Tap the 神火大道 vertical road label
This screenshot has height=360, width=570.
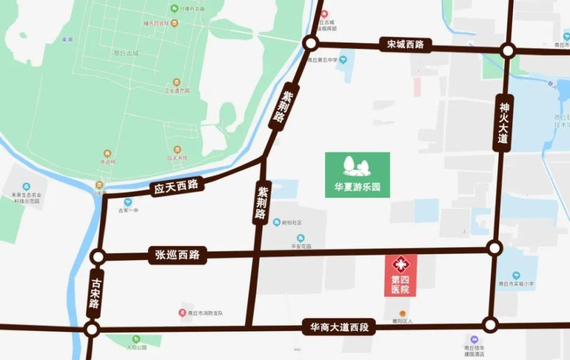(503, 122)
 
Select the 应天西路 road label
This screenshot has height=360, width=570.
(176, 187)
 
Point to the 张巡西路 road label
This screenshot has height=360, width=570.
(177, 255)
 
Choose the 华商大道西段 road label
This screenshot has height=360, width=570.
(339, 327)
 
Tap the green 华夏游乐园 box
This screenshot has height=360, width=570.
(357, 175)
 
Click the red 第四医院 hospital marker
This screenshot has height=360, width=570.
(400, 275)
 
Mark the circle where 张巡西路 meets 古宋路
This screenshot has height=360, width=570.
(99, 257)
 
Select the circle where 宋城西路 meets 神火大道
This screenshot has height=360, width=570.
(508, 51)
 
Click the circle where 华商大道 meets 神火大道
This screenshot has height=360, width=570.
(490, 325)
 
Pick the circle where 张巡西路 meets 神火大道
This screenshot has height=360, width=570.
(495, 248)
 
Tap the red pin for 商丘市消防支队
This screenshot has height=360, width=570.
(182, 313)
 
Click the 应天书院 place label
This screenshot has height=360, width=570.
(177, 157)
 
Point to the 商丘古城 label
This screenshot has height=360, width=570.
(126, 53)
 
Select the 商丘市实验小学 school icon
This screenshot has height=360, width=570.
(516, 275)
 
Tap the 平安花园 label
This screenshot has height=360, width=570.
(300, 246)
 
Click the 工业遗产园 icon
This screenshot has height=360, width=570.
(176, 83)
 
